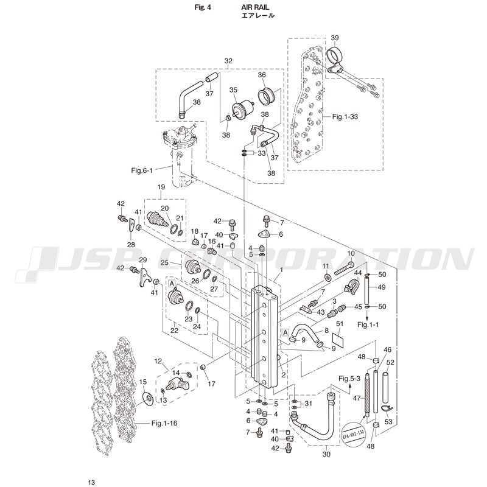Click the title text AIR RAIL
255,7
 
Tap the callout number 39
334,38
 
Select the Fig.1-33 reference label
345,116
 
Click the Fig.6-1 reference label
142,170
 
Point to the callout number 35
233,89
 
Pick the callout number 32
228,61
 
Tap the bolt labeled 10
345,268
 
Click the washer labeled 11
327,277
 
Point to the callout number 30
326,454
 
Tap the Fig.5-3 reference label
349,379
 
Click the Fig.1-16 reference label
164,423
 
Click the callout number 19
161,187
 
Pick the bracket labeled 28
131,225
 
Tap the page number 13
91,482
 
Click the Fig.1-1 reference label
368,324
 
